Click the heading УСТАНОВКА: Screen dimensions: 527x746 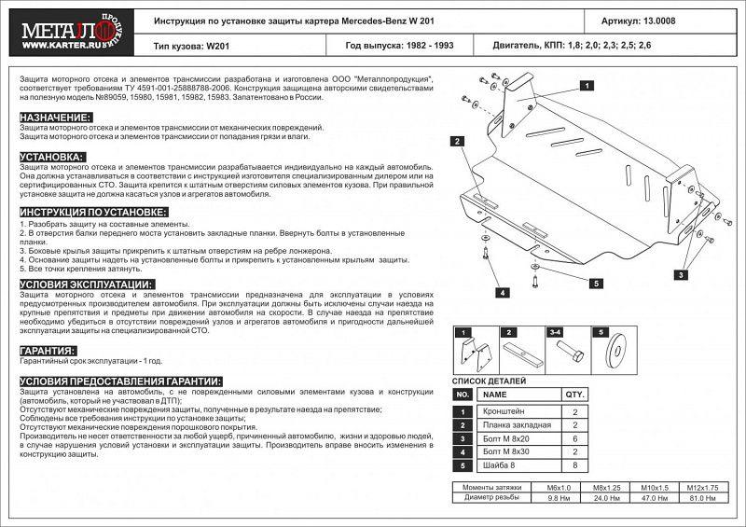(x=52, y=157)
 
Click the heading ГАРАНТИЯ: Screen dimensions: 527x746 (x=48, y=351)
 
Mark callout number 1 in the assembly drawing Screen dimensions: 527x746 (x=589, y=85)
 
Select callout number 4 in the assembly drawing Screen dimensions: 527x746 (x=502, y=293)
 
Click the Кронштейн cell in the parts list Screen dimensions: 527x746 (x=518, y=411)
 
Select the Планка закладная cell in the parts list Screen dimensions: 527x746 (x=518, y=424)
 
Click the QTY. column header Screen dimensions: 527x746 (x=575, y=395)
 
